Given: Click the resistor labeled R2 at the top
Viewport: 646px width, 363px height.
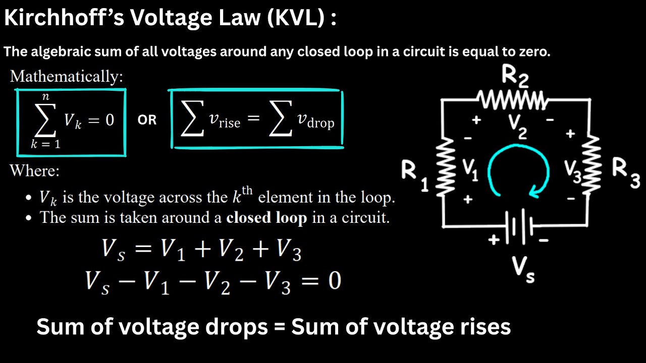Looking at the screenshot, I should click(x=513, y=99).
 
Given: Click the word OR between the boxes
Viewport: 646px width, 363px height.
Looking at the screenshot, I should click(x=147, y=120).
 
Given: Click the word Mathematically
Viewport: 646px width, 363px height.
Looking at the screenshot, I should click(x=66, y=77).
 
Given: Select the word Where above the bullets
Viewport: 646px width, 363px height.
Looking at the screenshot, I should click(x=34, y=171).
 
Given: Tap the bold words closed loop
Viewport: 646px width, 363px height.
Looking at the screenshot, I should click(x=266, y=218).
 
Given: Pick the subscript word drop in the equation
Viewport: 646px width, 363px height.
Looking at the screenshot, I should click(x=320, y=123).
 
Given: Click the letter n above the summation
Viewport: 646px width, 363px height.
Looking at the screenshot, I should click(x=46, y=96).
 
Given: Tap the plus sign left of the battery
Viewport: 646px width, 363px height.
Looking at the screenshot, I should click(x=494, y=240).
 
